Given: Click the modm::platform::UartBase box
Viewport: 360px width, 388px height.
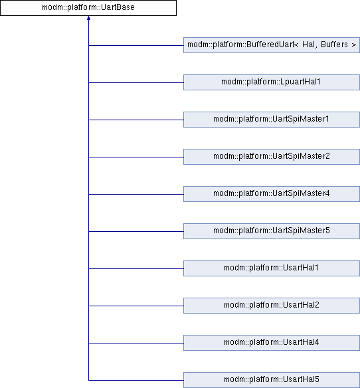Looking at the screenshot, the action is point(88,8).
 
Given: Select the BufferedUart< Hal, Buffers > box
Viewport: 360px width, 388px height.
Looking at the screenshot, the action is point(272,45).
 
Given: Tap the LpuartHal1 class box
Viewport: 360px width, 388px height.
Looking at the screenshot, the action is point(272,82).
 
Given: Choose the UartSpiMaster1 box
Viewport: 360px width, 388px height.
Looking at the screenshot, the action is point(272,120).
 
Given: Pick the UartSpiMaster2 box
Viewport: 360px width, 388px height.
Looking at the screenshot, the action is point(272,157).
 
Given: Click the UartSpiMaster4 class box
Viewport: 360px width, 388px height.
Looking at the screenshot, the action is point(272,194).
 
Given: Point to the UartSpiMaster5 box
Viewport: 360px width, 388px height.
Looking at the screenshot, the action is point(272,231).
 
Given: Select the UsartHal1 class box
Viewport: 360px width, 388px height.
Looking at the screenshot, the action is point(272,268).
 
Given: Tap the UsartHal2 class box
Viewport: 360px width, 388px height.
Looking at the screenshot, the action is point(272,306).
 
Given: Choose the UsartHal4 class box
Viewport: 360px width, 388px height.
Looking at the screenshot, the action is point(272,343).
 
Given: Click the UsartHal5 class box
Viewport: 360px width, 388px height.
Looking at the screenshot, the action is point(272,380).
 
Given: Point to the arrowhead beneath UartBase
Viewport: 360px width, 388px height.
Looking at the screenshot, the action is point(88,18).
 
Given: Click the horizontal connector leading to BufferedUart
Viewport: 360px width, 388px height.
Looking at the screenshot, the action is point(136,46).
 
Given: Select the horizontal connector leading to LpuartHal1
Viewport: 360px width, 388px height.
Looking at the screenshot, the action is point(136,82).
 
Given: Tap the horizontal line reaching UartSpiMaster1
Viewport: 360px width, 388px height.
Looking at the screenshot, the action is point(136,120).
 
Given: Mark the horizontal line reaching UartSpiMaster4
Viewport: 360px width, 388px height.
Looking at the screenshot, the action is point(136,194).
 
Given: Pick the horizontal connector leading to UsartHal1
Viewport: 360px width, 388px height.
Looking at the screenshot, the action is point(136,268).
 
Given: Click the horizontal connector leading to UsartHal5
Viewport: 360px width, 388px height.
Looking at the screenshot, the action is point(136,380).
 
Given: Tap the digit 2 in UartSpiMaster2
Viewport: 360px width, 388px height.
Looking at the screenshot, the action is point(327,156).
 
